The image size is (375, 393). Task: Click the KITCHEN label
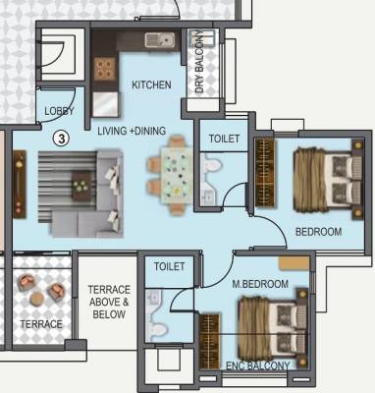(x=151, y=85)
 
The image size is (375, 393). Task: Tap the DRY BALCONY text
(x=200, y=63)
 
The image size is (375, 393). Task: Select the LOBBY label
(x=59, y=112)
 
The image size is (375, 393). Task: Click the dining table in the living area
(x=176, y=172)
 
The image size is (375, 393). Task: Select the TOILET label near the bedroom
(x=223, y=140)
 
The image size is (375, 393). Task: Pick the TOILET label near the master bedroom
(x=170, y=266)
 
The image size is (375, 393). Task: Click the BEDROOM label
(x=319, y=232)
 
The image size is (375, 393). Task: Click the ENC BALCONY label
(x=258, y=366)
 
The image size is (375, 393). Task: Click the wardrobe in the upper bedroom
(x=264, y=174)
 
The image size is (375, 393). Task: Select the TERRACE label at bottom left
(x=41, y=324)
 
